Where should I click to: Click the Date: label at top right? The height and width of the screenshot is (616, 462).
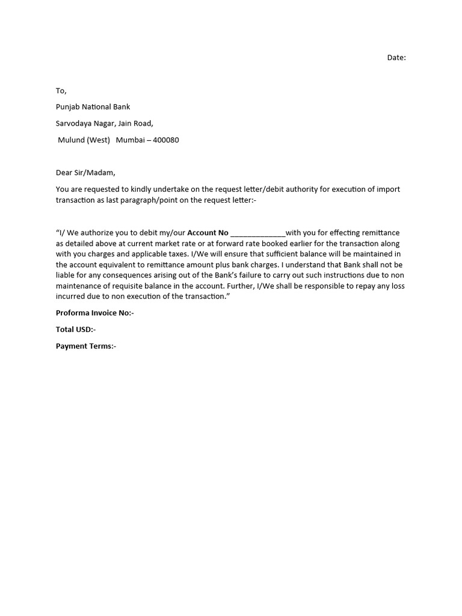[396, 58]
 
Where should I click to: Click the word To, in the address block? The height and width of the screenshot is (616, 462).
[61, 91]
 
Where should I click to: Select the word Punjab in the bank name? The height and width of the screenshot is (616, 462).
[69, 107]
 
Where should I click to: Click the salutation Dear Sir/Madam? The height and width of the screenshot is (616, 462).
[85, 173]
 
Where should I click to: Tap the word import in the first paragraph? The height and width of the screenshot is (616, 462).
[388, 189]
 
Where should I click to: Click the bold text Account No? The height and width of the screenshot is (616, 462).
[208, 233]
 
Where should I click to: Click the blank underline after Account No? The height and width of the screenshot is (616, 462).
[257, 233]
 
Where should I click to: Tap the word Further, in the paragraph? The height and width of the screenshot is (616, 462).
[239, 286]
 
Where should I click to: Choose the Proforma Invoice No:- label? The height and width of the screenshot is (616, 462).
[95, 313]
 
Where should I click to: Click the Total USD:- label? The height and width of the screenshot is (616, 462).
[76, 330]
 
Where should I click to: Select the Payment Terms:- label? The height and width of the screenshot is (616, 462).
[86, 346]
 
